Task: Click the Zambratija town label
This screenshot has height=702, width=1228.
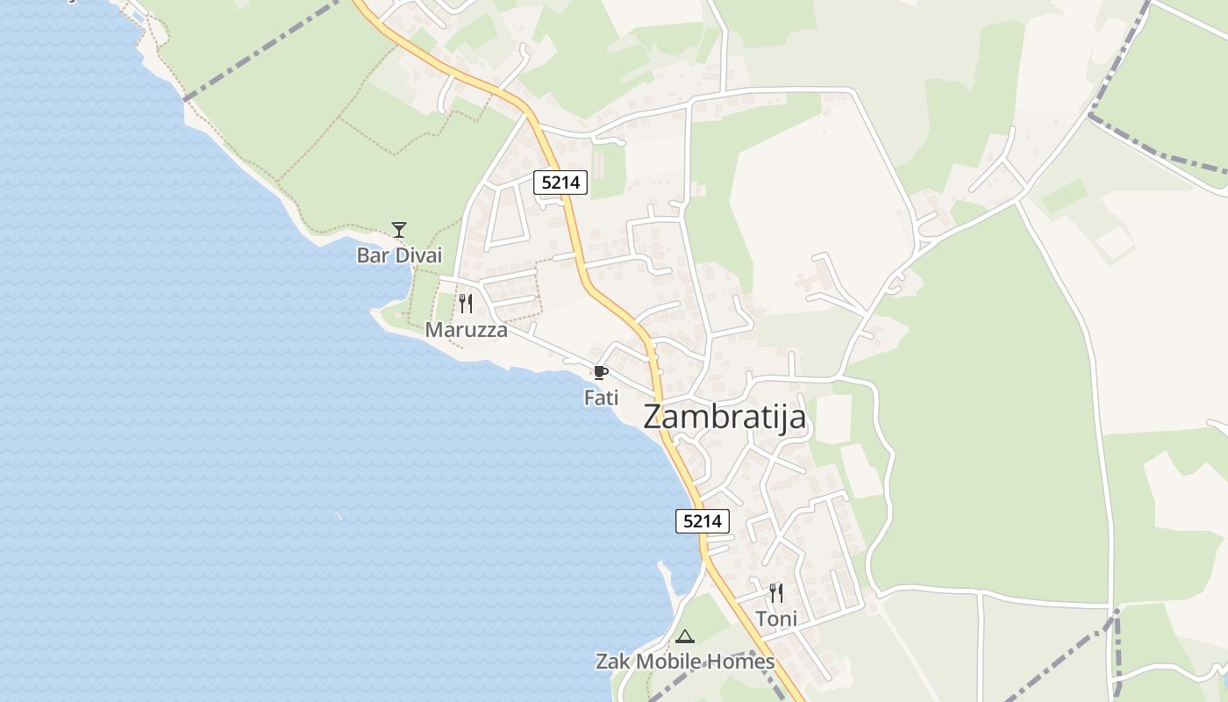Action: click(x=725, y=417)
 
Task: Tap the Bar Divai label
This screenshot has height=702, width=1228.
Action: click(x=399, y=255)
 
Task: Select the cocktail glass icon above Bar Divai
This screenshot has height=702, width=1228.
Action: click(x=399, y=230)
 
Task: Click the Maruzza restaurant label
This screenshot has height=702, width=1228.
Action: click(x=466, y=330)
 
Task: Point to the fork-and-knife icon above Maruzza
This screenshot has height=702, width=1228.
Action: click(x=466, y=304)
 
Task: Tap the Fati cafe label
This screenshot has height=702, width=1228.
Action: click(x=601, y=398)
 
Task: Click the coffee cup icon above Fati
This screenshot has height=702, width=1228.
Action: click(x=601, y=373)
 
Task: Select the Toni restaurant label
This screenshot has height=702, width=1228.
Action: click(x=776, y=619)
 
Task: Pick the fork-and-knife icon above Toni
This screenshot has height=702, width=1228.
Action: click(x=776, y=593)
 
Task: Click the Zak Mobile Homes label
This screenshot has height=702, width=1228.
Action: click(x=685, y=662)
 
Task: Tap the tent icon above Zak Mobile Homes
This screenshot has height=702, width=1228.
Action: click(x=685, y=636)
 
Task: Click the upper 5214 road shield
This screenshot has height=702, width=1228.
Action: click(x=560, y=183)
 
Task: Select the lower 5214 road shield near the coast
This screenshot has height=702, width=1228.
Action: click(x=703, y=521)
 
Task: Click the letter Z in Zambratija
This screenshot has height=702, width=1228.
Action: click(x=655, y=417)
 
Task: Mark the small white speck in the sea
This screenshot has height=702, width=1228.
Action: click(x=339, y=515)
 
